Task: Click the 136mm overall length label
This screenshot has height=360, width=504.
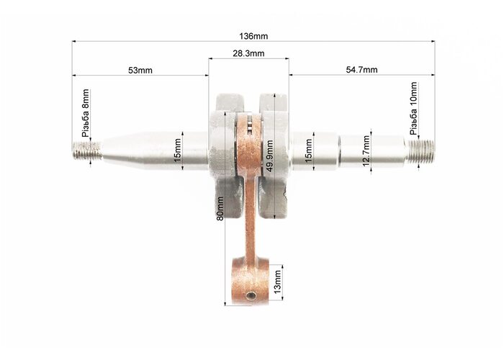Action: click(253, 36)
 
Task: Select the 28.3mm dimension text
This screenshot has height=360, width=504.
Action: click(248, 53)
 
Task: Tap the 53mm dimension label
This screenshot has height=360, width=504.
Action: click(140, 70)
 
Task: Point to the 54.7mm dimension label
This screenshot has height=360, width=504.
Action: click(361, 69)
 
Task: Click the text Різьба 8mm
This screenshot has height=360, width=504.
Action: click(86, 113)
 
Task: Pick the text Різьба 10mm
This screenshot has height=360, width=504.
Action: click(413, 108)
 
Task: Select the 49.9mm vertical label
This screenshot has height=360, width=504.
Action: click(269, 156)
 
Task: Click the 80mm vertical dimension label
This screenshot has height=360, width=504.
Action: click(220, 209)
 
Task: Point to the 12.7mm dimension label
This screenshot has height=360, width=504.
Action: click(366, 151)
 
